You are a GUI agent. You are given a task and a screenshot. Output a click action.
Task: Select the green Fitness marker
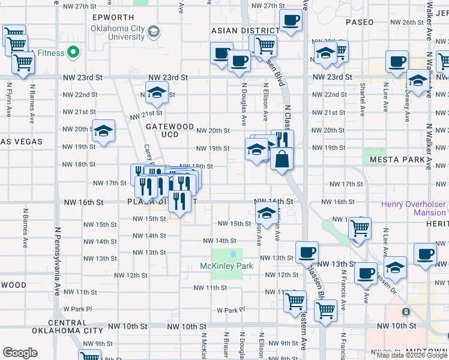[74, 53]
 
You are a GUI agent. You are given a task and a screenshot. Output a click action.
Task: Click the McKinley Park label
[226, 266]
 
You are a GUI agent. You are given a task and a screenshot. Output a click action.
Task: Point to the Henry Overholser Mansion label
[413, 208]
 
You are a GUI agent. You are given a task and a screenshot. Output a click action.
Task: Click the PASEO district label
[360, 22]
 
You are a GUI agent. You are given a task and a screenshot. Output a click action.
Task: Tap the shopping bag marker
[281, 160]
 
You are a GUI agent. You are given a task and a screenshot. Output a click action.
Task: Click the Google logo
[20, 352]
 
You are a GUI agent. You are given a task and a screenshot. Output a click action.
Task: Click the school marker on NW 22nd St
[156, 93]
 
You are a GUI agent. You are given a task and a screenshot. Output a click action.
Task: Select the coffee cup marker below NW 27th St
[291, 21]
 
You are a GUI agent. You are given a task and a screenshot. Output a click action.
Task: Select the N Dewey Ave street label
[406, 105]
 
